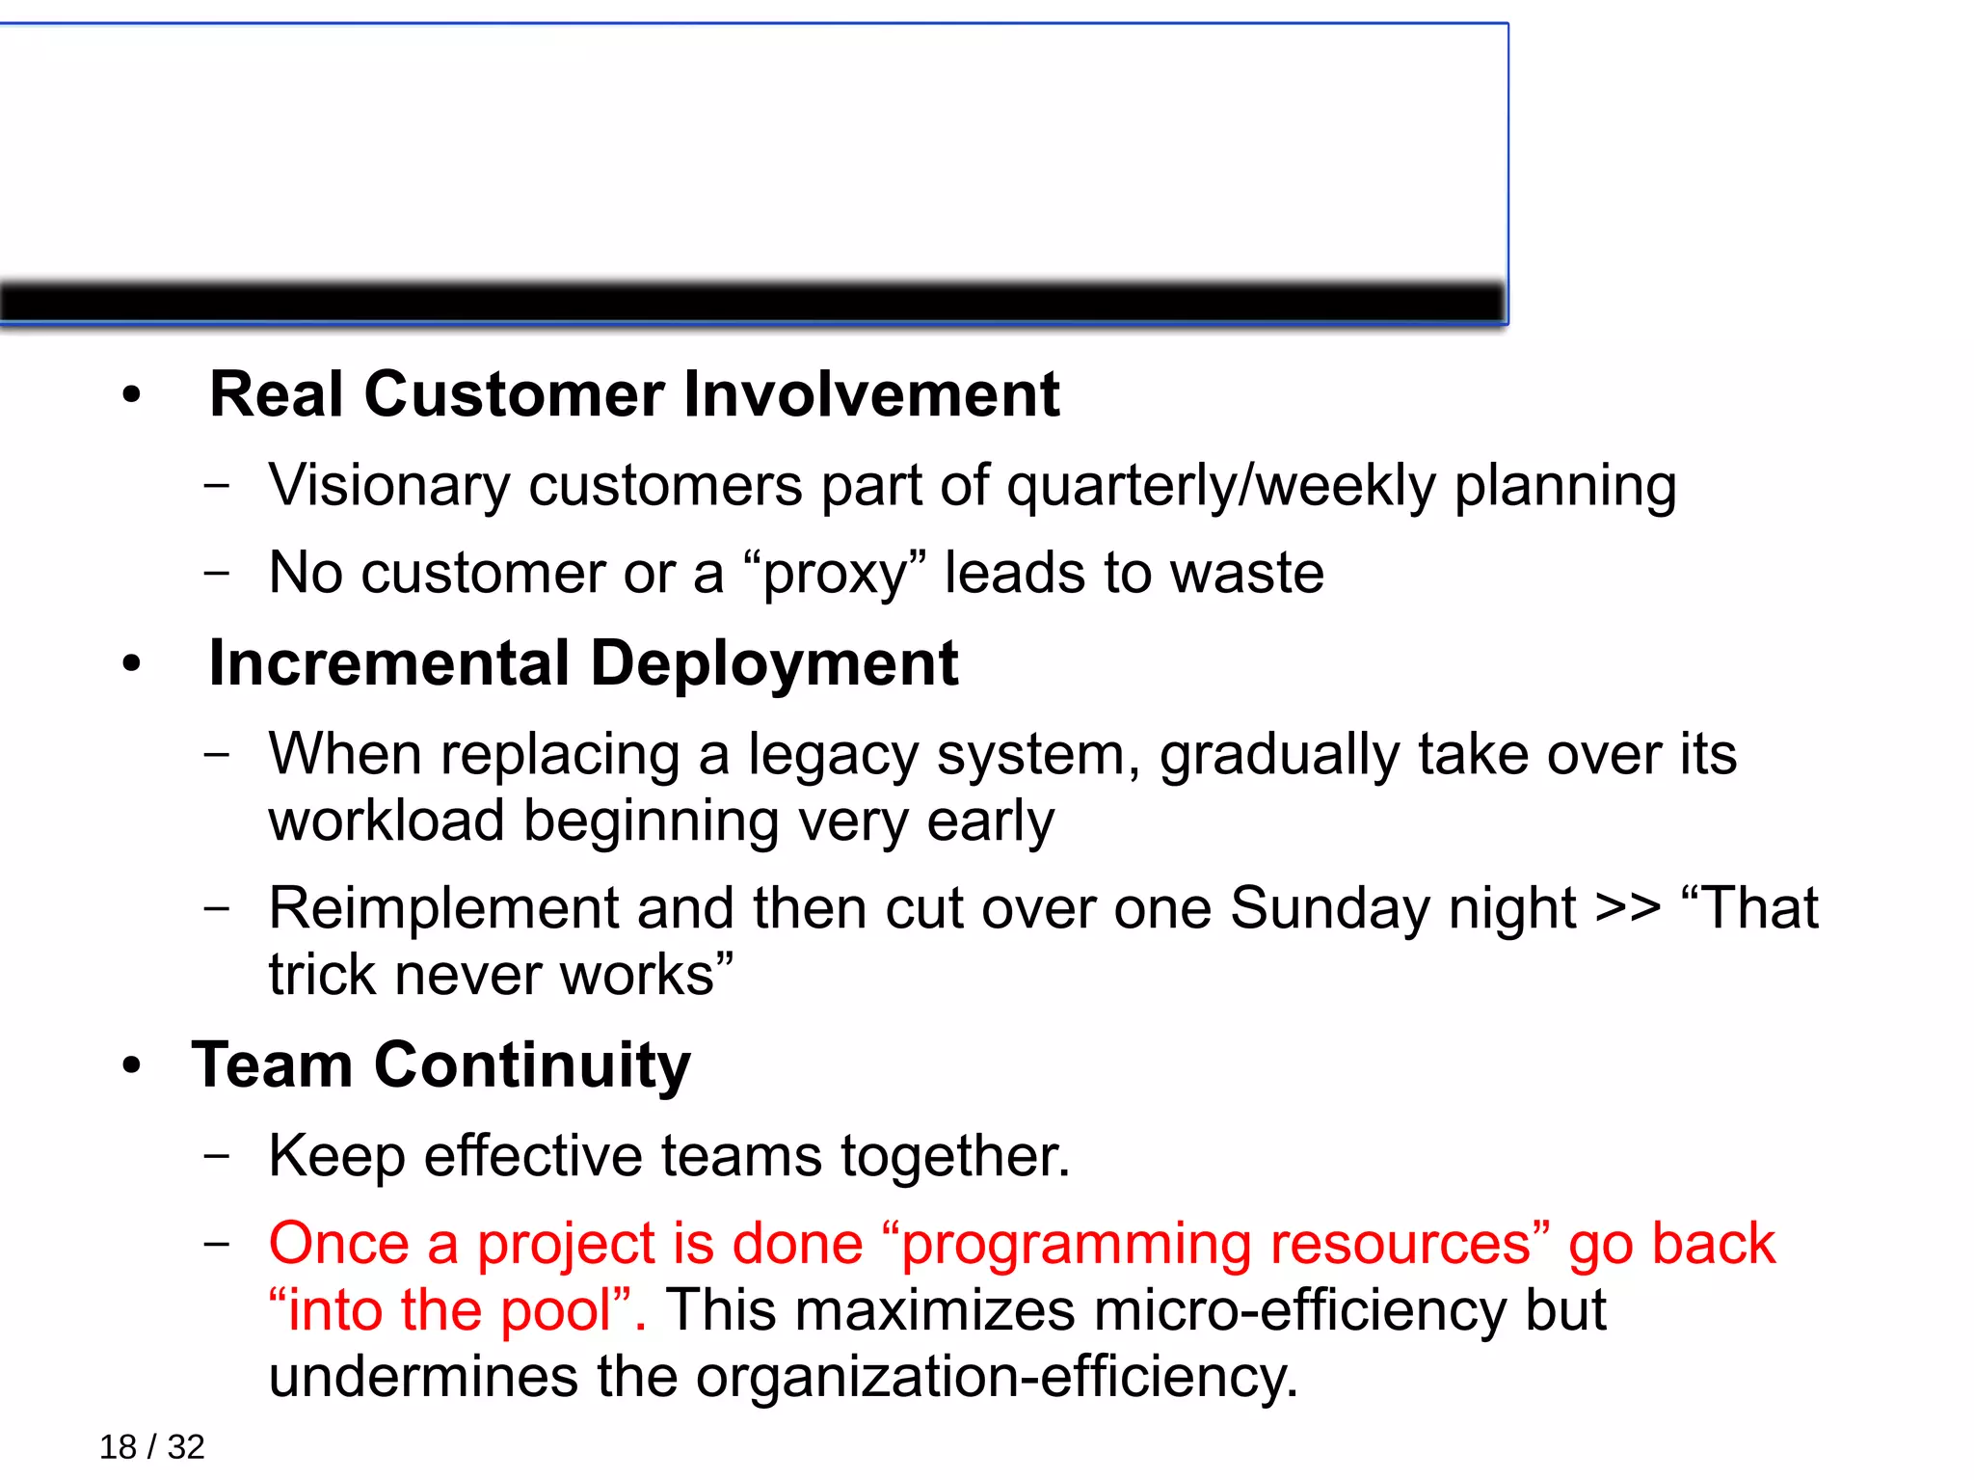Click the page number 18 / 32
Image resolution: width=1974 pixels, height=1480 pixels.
151,1447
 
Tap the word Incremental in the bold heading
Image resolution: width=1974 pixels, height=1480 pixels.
389,663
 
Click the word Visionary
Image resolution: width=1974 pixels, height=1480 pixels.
388,485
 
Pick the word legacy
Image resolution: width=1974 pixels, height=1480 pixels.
833,755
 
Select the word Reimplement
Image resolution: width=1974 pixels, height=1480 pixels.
442,908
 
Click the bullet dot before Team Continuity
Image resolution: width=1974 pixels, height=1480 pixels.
132,1066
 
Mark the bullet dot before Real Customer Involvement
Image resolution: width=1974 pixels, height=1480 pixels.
132,394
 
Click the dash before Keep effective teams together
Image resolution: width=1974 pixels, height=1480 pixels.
218,1155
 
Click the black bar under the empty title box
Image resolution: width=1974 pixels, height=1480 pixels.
752,303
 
